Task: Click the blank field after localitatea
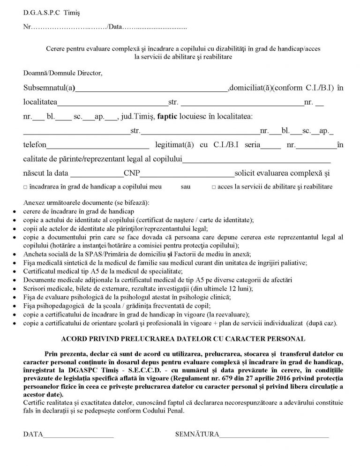[112, 102]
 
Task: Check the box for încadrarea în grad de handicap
[25, 187]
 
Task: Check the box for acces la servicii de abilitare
[214, 187]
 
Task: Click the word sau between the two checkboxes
[186, 187]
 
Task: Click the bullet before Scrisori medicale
[17, 290]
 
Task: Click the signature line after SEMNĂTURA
[274, 435]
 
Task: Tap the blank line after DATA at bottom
[78, 435]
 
